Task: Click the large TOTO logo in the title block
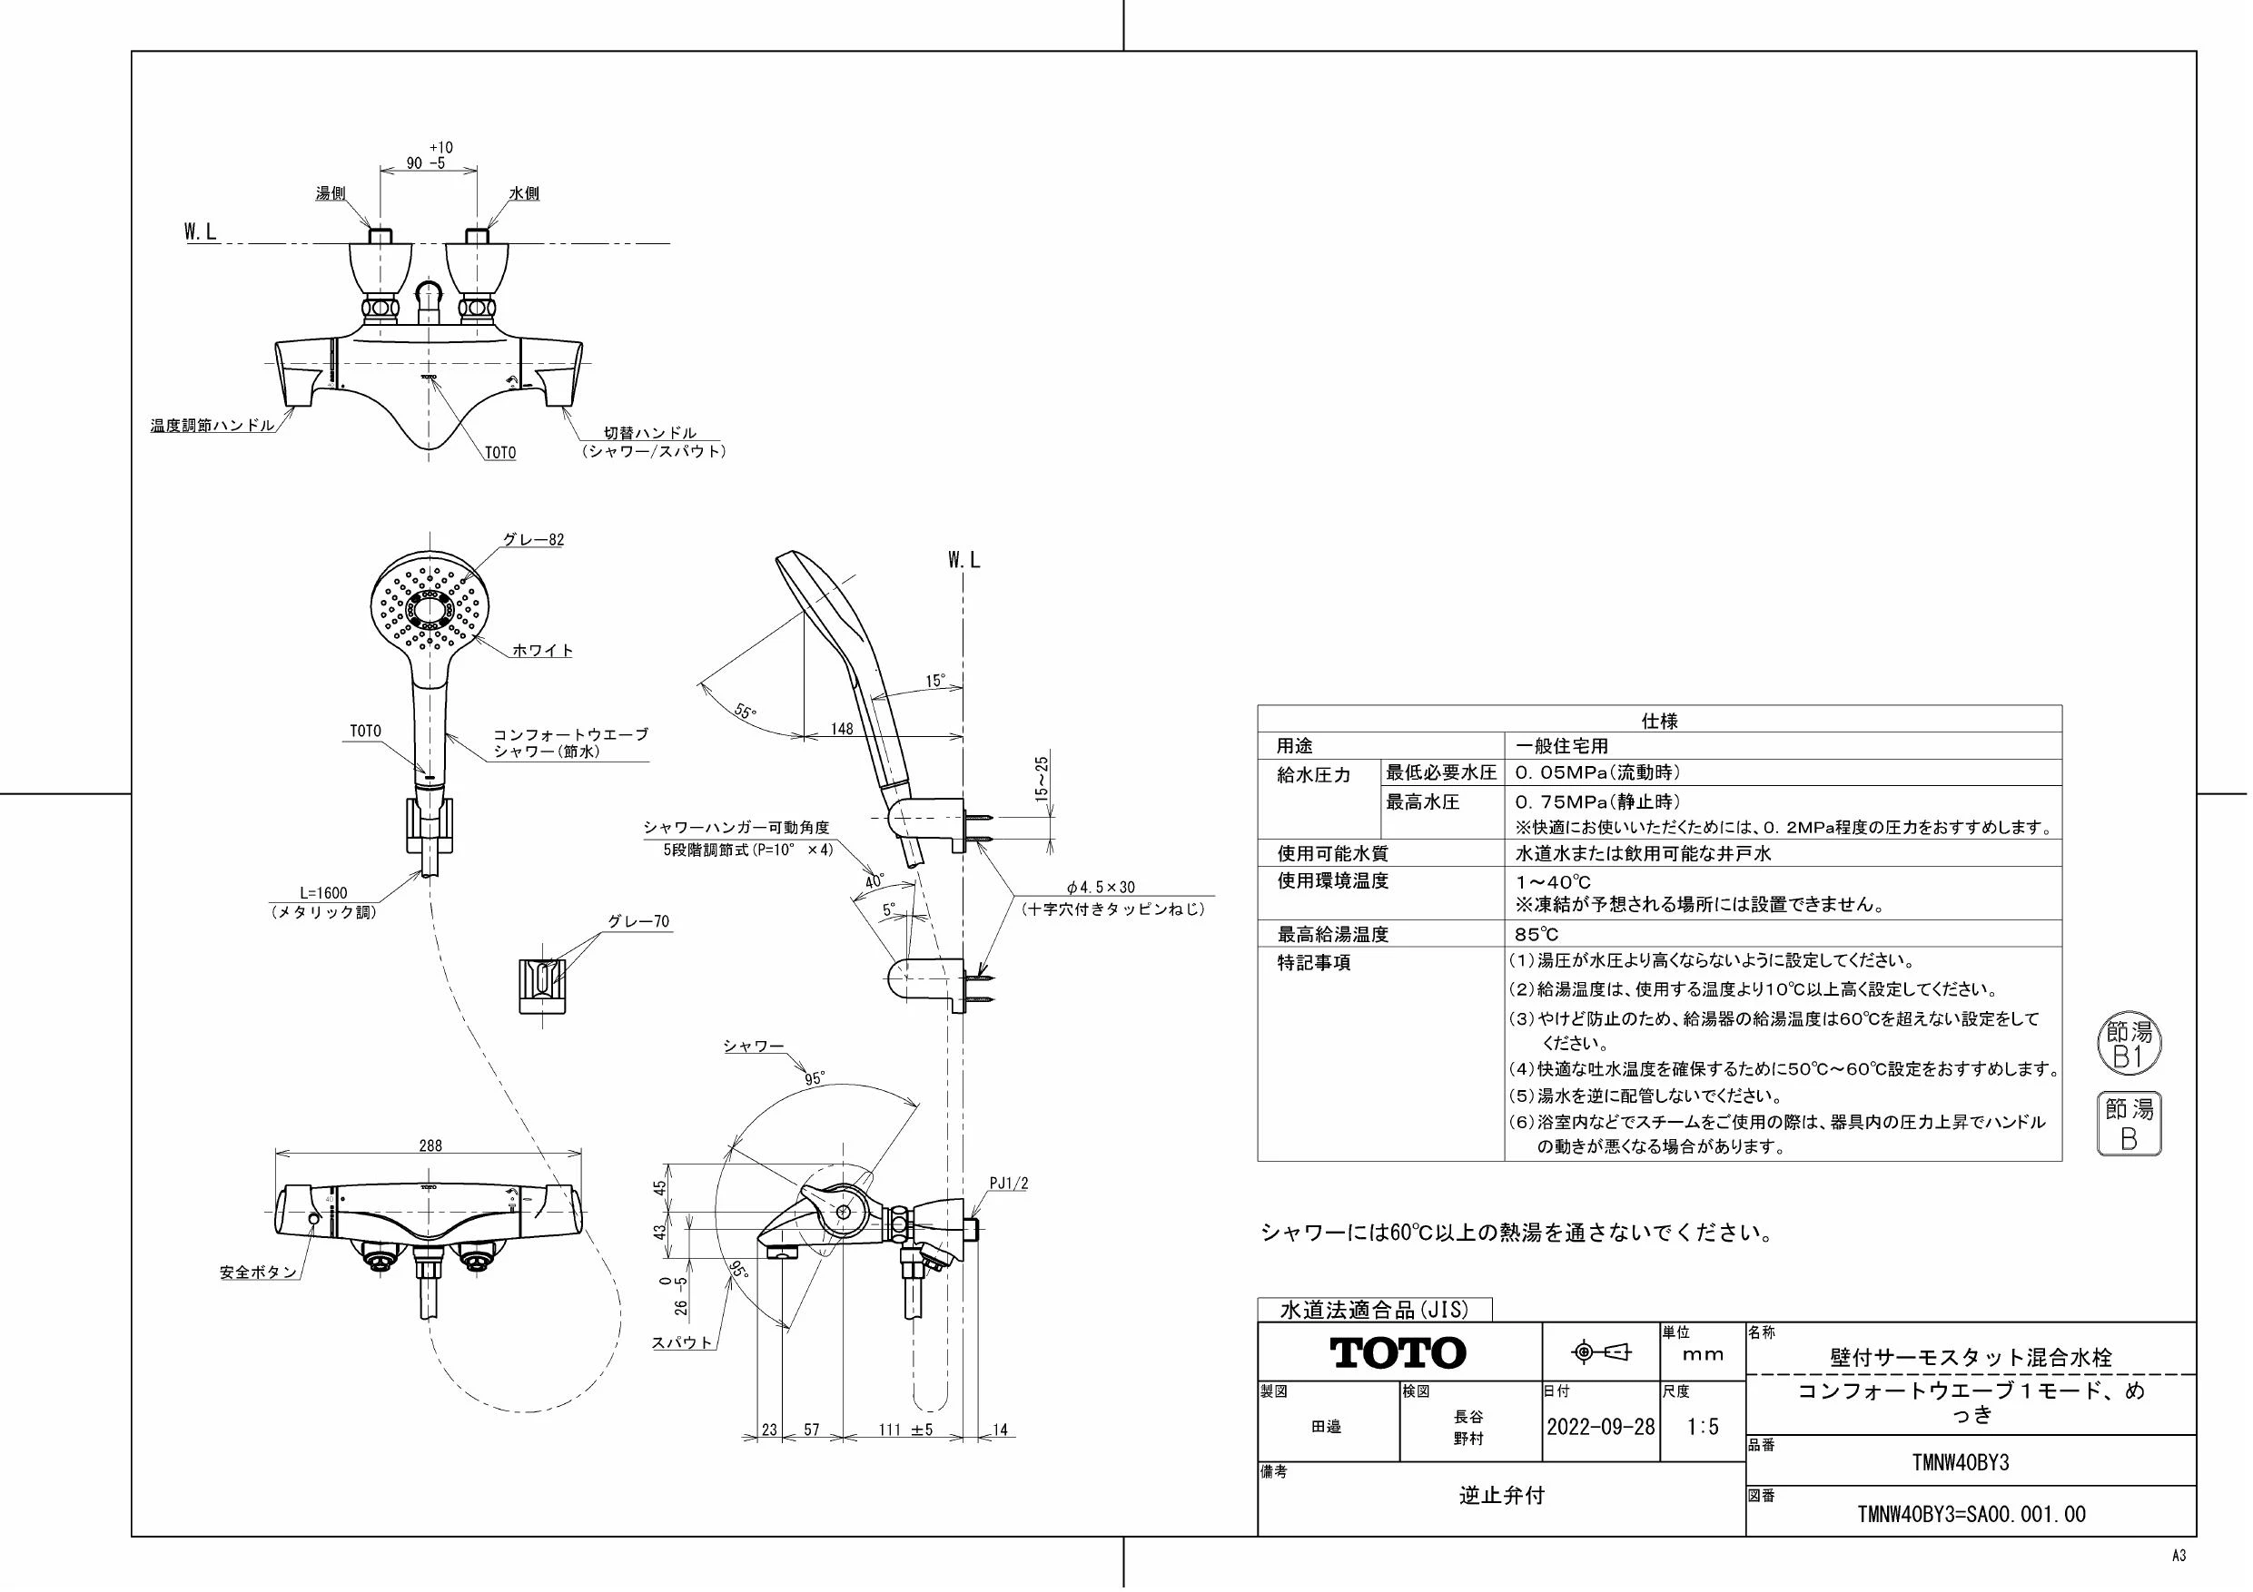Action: point(1398,1352)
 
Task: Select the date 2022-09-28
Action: point(1600,1427)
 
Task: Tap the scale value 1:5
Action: point(1703,1427)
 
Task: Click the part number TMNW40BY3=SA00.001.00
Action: point(1971,1515)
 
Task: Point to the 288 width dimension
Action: point(430,1145)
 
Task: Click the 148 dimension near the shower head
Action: point(842,729)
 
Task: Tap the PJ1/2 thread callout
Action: point(1009,1184)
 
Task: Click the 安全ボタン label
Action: point(257,1273)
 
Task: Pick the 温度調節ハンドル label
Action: point(212,426)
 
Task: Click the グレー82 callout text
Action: point(533,540)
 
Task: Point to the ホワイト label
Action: point(543,651)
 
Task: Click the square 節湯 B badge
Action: point(2129,1123)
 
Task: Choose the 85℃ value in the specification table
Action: point(1537,935)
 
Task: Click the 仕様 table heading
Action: point(1659,721)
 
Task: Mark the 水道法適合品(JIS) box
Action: point(1375,1310)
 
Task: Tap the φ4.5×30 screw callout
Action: point(1101,887)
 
